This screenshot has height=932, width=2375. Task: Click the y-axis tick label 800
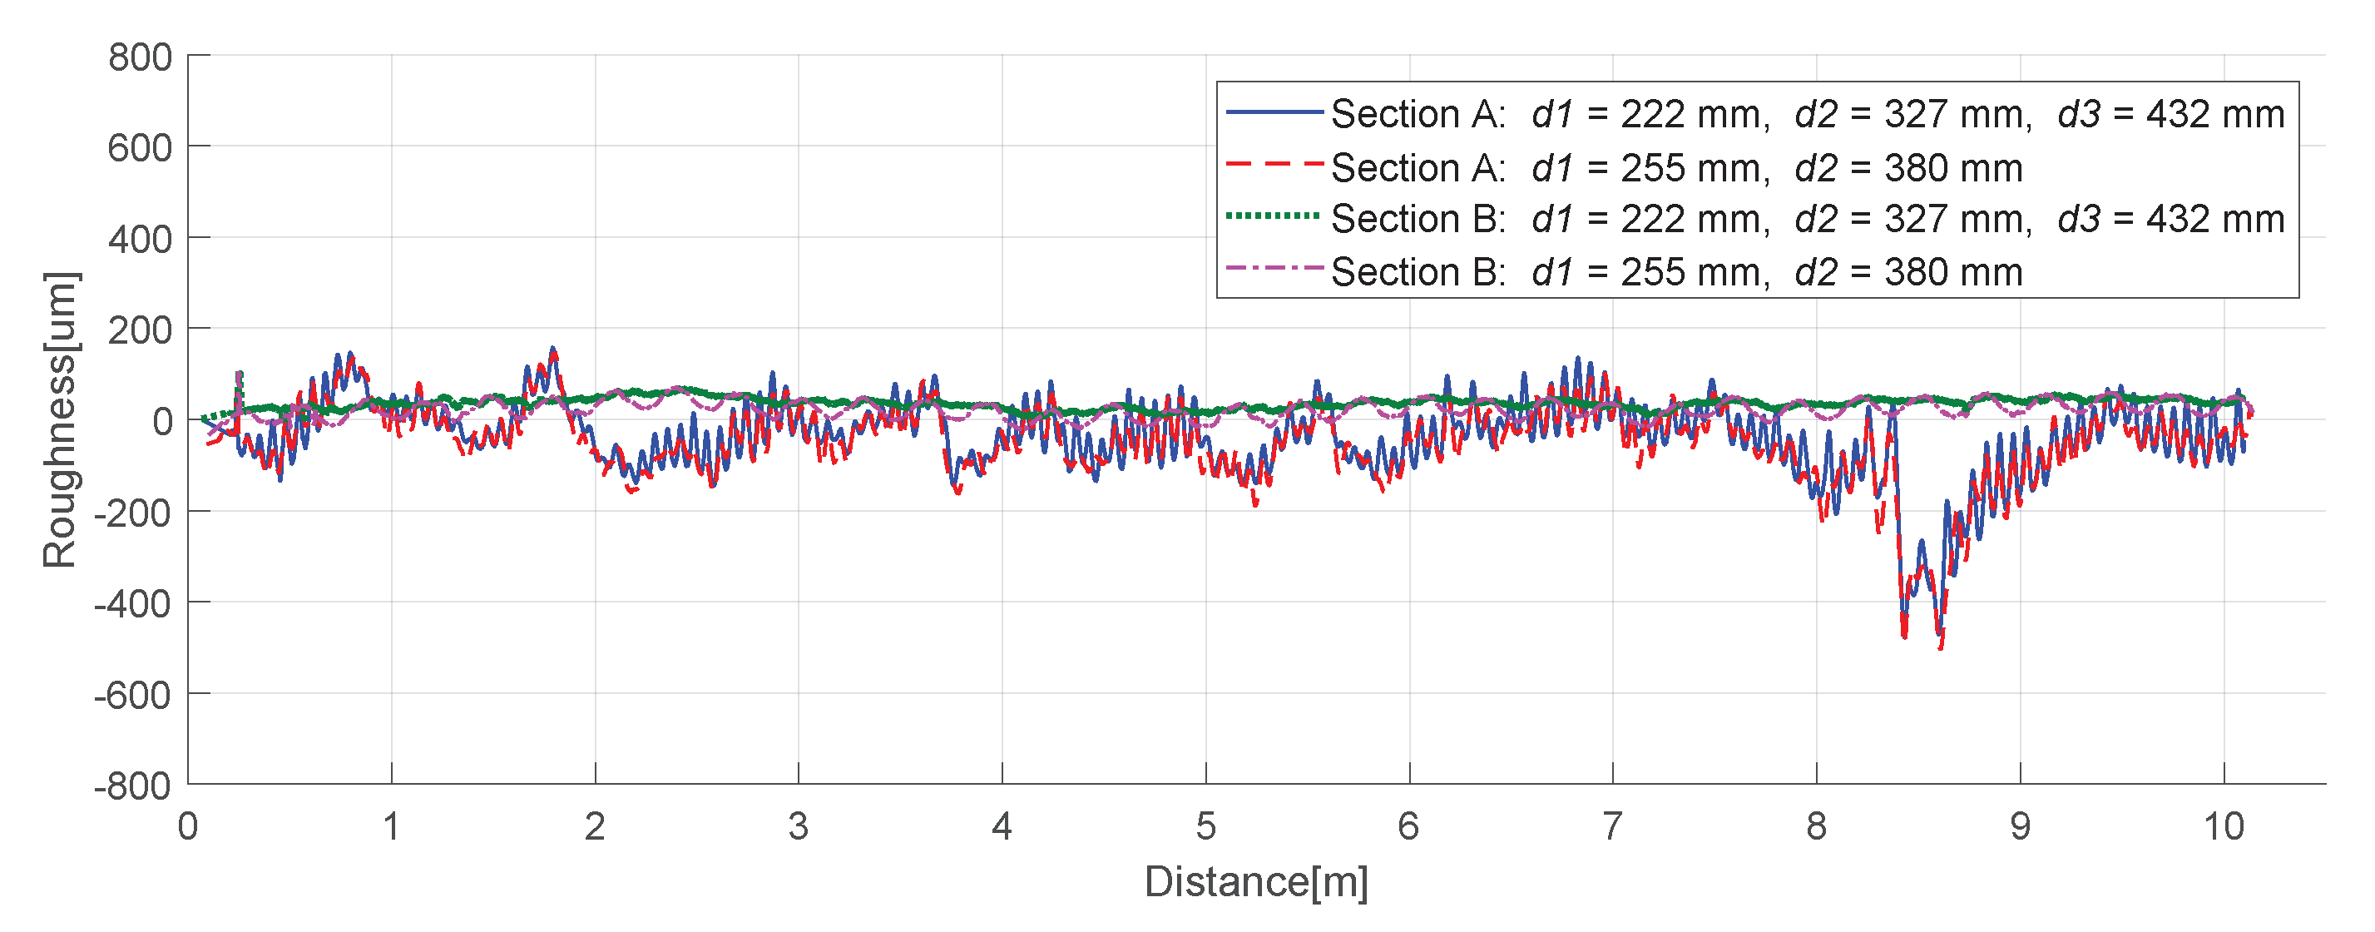[x=140, y=57]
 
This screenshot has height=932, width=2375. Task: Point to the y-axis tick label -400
[x=133, y=604]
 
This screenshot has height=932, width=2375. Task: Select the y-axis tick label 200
[x=140, y=330]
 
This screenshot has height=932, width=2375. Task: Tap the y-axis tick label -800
[x=133, y=786]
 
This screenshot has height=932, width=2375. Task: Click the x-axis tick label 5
[x=1205, y=826]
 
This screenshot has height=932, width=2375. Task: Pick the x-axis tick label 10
[x=2223, y=826]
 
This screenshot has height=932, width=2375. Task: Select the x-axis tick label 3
[x=799, y=826]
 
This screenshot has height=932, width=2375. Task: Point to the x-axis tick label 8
[x=1816, y=826]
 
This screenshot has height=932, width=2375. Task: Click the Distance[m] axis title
[x=1256, y=881]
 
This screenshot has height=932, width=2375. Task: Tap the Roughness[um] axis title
[x=60, y=419]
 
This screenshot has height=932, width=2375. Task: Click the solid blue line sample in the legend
[x=1274, y=112]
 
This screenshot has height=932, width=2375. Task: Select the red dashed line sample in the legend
[x=1274, y=165]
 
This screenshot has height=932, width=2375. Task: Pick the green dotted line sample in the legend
[x=1274, y=216]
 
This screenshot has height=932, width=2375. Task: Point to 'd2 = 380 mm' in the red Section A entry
[x=1907, y=168]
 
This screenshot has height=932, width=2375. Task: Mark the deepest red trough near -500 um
[x=1941, y=647]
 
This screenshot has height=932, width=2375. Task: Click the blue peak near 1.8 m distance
[x=553, y=349]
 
